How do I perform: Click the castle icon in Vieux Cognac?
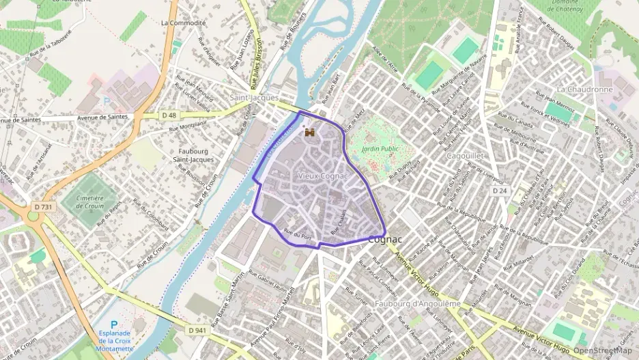coord(310,132)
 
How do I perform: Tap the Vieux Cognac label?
coord(323,176)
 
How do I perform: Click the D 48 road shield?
coord(169,115)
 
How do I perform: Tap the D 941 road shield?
coord(197,329)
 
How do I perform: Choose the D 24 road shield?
coord(500,191)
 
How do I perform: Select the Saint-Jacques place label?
coord(253,98)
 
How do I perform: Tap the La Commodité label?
coord(183,23)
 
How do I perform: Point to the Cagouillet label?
coord(465,156)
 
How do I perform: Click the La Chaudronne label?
coord(585,89)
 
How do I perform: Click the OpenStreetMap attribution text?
coord(603,350)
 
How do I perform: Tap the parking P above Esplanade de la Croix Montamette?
coord(114,324)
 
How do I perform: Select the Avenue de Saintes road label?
coord(102,117)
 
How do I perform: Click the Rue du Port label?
coord(298,234)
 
